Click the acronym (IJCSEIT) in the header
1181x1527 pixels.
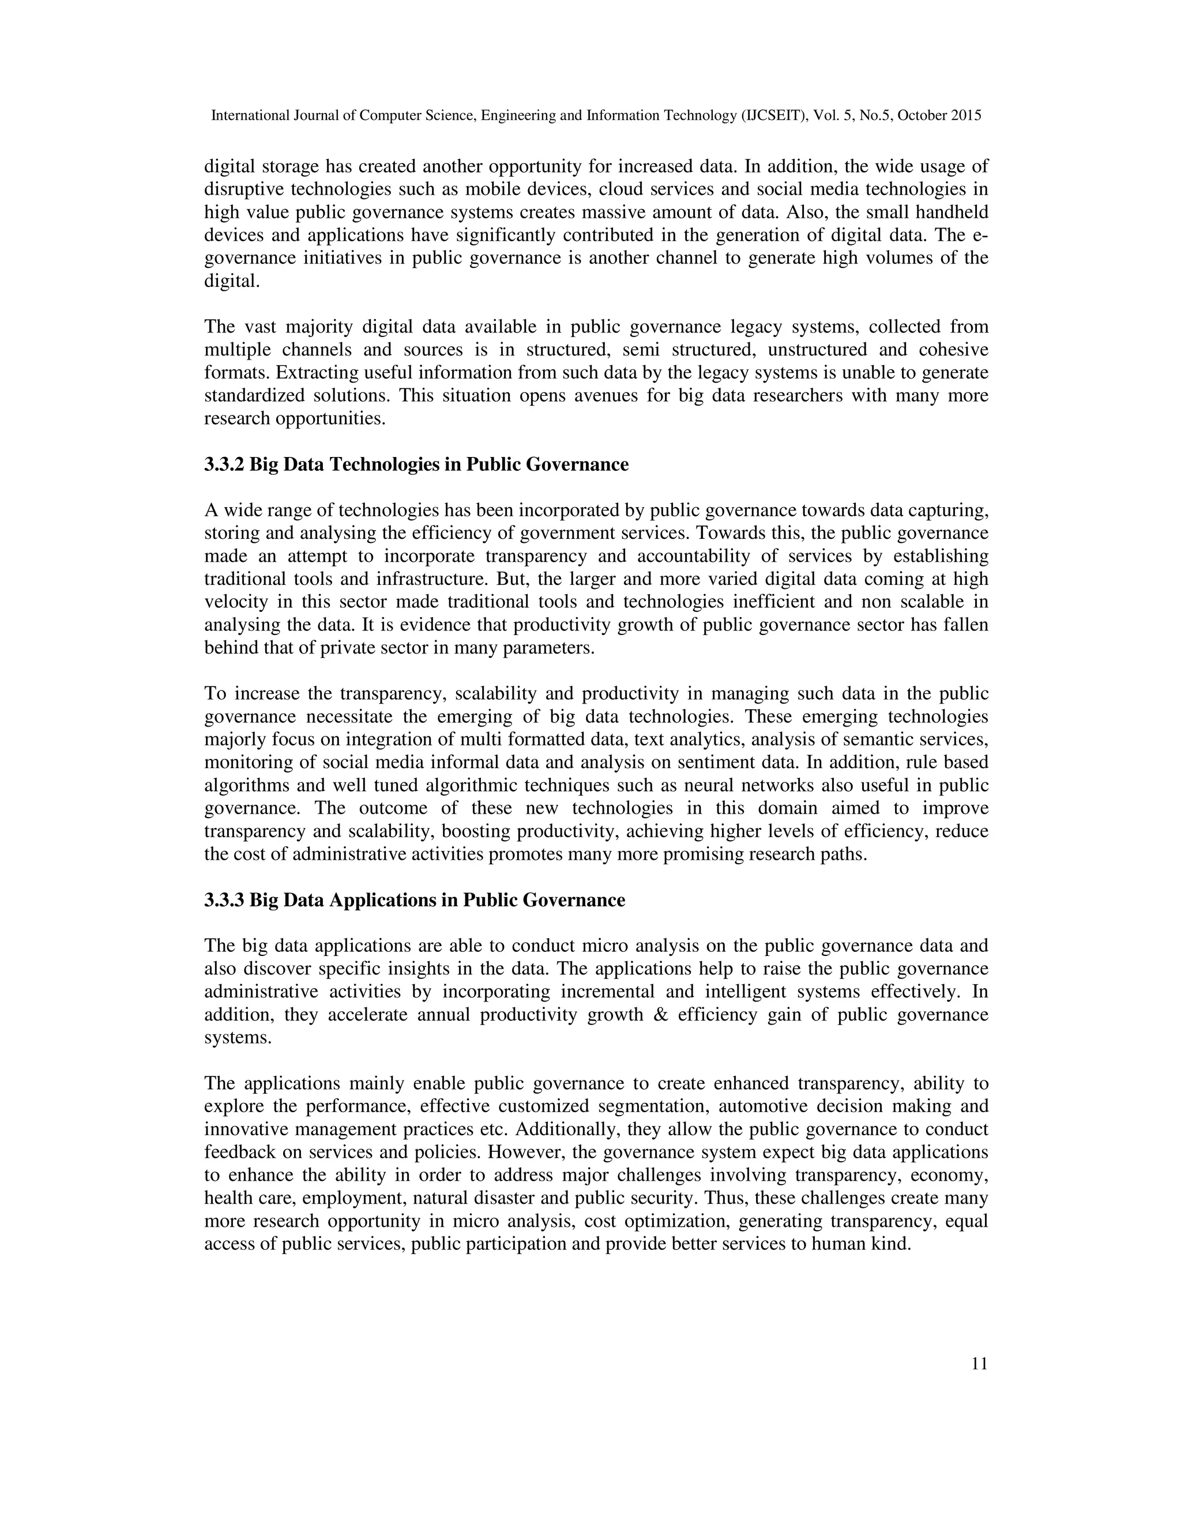pos(774,116)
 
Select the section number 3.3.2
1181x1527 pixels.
pos(224,464)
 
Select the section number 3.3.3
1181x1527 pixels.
pos(224,900)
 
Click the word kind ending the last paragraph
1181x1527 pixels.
pos(895,1244)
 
